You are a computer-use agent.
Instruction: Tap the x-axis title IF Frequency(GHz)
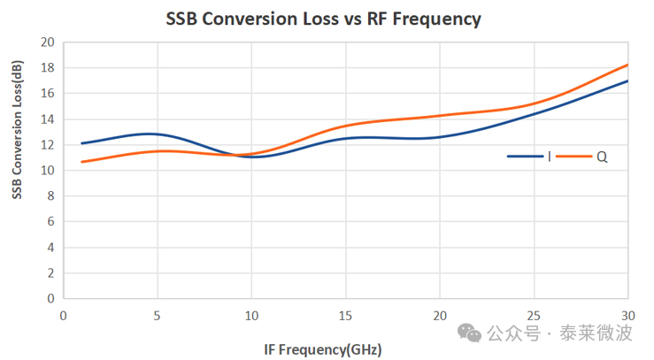point(322,349)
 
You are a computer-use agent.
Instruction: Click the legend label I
point(550,157)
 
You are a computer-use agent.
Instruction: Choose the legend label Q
point(602,157)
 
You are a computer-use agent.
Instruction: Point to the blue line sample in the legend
point(526,157)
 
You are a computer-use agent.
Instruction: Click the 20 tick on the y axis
point(48,42)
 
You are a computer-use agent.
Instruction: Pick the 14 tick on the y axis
point(48,119)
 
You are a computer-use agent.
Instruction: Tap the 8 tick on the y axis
point(51,196)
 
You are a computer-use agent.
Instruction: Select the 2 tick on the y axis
point(51,273)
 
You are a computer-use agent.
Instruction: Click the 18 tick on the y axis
point(48,68)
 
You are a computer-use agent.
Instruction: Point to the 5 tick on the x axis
point(157,316)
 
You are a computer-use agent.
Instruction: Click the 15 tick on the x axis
point(345,316)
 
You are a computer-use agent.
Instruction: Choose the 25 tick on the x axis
point(534,316)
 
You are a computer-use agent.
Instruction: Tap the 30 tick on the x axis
point(627,316)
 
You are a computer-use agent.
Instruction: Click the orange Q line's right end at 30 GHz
point(627,65)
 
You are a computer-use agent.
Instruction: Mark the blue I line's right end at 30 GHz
point(627,81)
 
